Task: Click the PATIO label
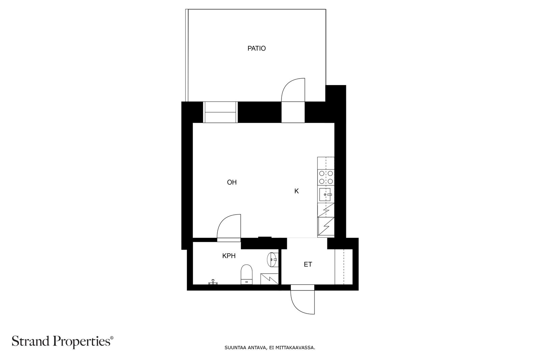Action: (256, 49)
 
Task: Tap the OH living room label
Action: (232, 183)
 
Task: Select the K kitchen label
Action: (297, 191)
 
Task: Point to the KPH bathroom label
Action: (229, 256)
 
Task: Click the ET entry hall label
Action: (308, 264)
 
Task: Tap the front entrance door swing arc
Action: (298, 308)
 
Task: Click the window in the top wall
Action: (220, 112)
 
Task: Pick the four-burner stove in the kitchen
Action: (326, 177)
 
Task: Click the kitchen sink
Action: (325, 194)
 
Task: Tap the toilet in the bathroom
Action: (246, 274)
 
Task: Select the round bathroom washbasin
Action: (273, 259)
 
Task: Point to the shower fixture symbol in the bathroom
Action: (213, 282)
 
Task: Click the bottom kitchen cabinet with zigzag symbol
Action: (326, 226)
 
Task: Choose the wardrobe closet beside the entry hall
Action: (344, 267)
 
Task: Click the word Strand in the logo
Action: (31, 341)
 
